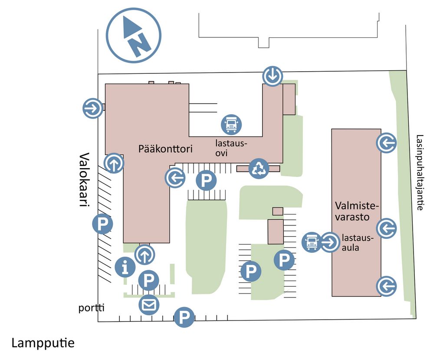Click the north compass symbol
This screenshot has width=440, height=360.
(134, 35)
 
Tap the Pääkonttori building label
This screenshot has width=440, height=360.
(165, 149)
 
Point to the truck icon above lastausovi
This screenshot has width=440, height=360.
(231, 124)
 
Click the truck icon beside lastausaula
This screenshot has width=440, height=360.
(312, 242)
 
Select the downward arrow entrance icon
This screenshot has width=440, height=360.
(273, 76)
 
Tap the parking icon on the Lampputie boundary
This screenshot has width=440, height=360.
(184, 317)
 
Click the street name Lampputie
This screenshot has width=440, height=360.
(43, 343)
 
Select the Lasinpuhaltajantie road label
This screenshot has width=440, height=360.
(419, 172)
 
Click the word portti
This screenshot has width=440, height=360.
(92, 308)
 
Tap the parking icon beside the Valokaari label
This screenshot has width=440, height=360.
(103, 224)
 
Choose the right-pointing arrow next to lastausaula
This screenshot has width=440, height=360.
(330, 242)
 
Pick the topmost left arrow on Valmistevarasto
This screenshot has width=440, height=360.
(386, 143)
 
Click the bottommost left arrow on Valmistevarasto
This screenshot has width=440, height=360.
(386, 286)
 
